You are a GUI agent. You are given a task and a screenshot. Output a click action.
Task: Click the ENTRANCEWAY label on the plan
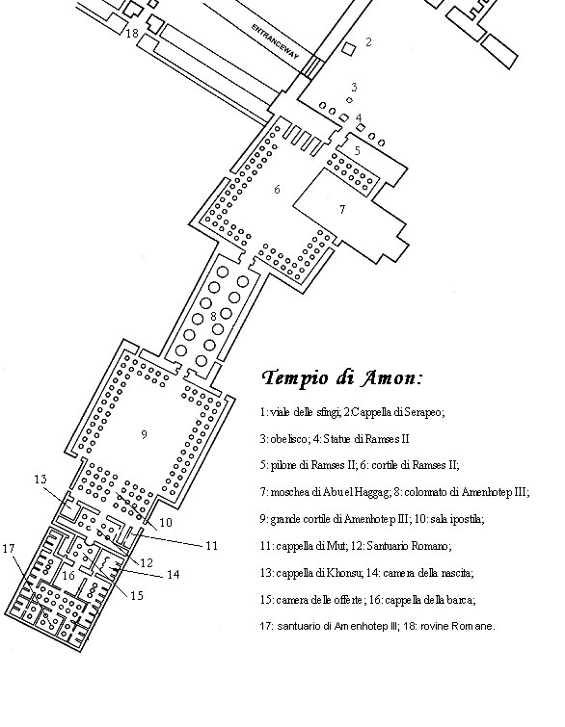275,41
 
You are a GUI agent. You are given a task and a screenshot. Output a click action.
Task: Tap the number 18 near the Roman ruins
132,34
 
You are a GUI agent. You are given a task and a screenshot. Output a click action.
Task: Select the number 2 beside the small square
368,41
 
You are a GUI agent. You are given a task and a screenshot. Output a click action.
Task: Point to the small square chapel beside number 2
349,49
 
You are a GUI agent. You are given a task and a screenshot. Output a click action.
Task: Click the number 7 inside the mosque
342,210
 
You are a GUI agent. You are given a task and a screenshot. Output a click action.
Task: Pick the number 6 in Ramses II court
277,189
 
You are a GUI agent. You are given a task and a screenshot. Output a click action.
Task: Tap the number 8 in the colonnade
213,316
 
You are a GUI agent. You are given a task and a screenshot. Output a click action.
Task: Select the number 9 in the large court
144,434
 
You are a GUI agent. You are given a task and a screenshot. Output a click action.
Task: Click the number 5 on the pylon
357,150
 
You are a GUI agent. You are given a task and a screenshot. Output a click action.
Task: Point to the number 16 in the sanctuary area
68,576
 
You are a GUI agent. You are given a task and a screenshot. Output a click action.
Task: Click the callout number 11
212,546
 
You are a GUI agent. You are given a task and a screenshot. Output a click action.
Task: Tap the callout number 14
173,575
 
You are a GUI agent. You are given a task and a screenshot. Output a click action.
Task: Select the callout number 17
9,549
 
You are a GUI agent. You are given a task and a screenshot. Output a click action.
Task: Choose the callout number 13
40,479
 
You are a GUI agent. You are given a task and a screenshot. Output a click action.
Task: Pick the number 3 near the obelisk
354,87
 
